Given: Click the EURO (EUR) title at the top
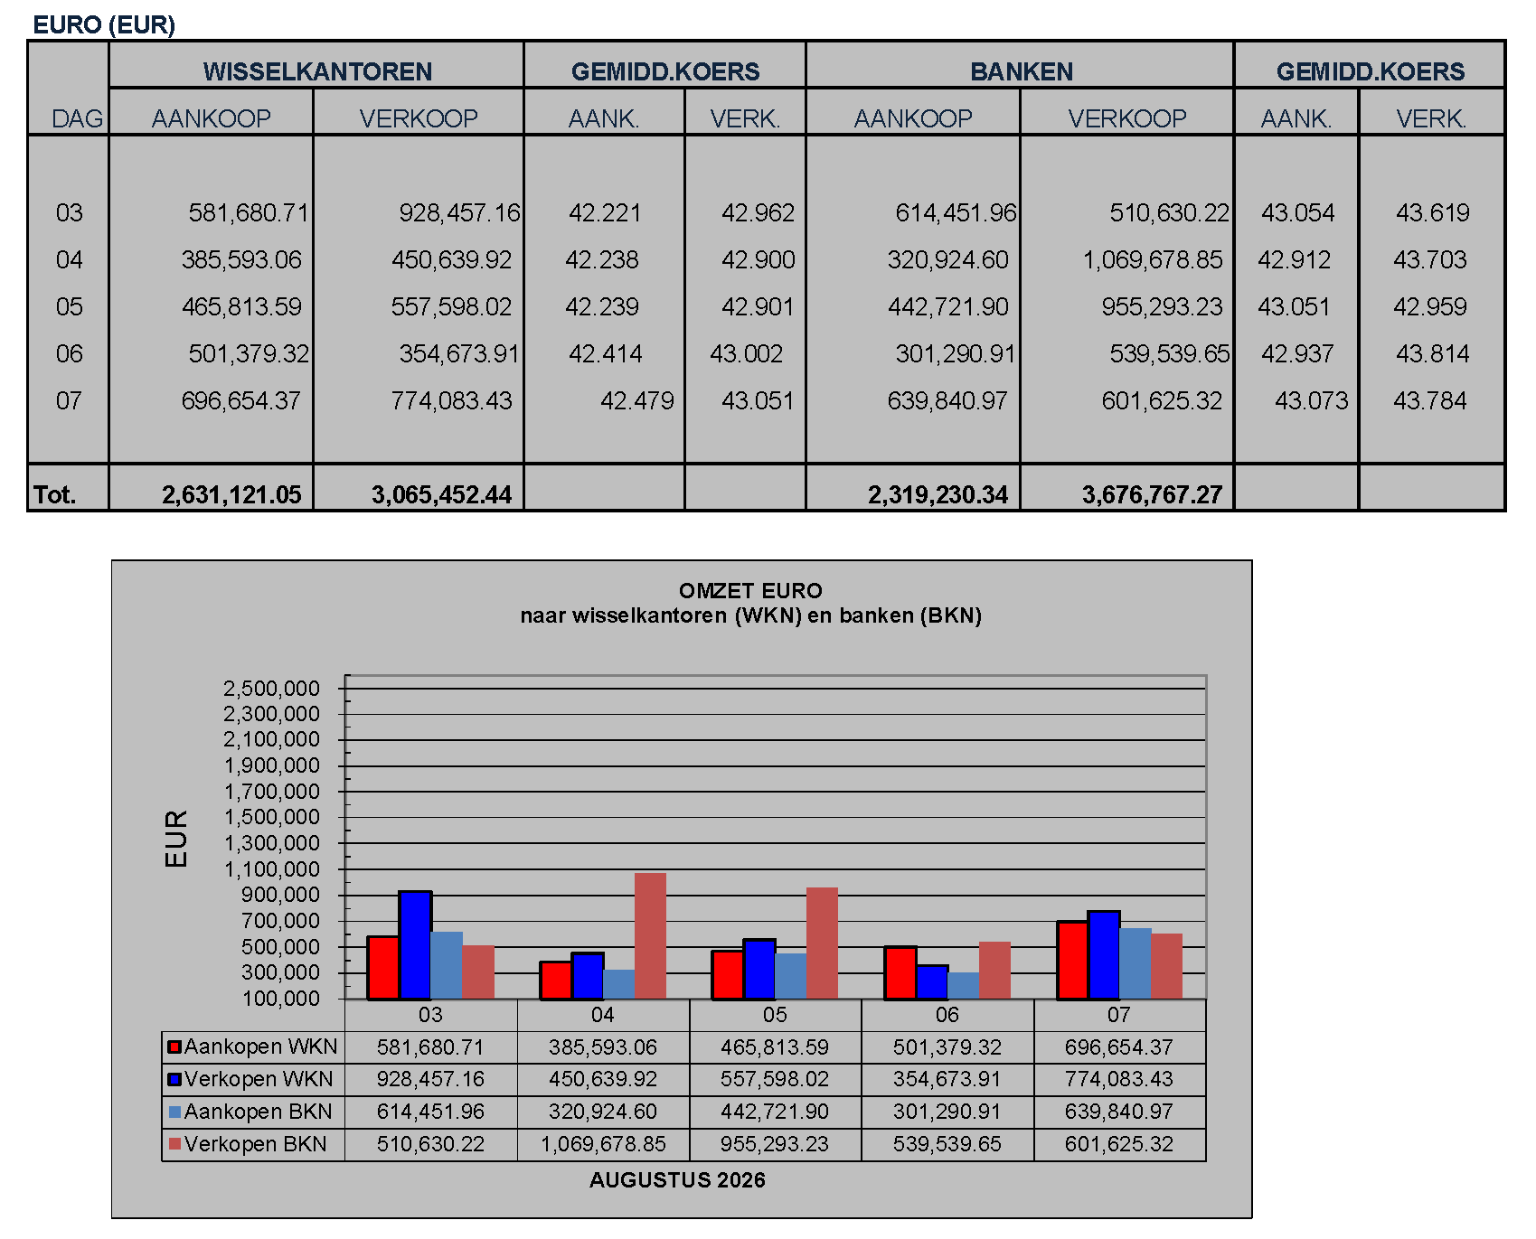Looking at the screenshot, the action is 104,24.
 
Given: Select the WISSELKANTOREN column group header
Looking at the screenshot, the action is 317,71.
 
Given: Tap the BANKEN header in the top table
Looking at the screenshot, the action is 1022,71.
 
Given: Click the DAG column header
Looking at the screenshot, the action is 78,118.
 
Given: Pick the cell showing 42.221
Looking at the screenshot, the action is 605,212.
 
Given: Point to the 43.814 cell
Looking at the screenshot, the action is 1433,353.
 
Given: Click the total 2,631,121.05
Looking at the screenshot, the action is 231,494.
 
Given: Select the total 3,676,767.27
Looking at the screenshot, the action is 1152,494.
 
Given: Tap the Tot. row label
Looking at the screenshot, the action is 55,494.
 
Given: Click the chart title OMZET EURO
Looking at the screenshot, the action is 750,591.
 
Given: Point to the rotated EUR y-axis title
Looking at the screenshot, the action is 176,839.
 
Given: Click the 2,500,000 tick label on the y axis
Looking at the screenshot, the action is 271,689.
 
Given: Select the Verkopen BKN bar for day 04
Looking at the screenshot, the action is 650,936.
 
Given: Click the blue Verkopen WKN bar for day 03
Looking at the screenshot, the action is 415,945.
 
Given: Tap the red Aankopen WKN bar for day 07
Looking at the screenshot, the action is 1072,961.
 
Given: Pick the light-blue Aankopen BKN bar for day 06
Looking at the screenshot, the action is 963,986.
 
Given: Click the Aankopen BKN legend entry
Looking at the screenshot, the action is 250,1112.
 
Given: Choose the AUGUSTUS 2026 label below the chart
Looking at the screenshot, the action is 677,1180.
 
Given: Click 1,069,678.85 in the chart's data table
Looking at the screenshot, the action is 603,1144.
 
